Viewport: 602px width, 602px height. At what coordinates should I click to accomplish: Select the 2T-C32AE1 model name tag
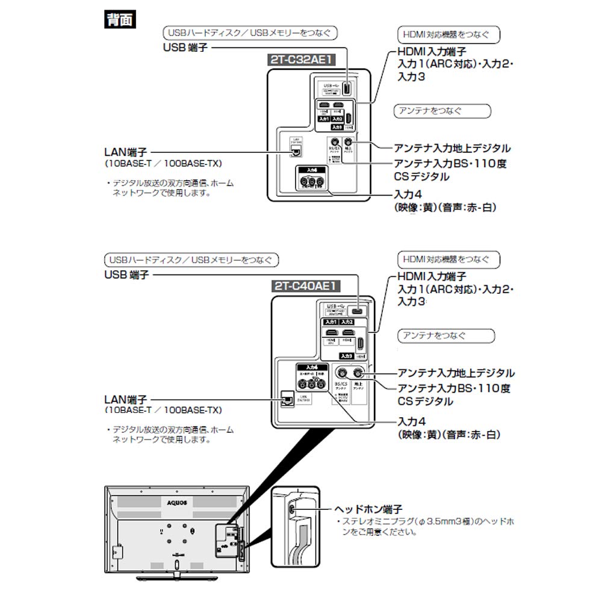click(x=301, y=60)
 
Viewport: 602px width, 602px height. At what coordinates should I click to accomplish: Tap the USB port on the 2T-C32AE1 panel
click(x=347, y=87)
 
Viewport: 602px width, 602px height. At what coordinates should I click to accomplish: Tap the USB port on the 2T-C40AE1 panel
click(x=356, y=311)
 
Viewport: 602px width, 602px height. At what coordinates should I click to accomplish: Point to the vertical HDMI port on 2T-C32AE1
click(x=349, y=116)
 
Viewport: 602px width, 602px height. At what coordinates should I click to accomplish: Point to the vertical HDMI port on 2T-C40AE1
click(x=359, y=344)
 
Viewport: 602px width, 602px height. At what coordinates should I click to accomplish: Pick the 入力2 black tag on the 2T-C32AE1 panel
click(x=338, y=119)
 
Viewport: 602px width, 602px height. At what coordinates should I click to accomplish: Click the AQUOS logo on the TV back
click(x=178, y=500)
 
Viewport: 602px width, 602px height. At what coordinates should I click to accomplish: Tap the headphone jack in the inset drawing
click(x=293, y=509)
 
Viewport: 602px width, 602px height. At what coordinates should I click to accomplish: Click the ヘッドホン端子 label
click(x=369, y=509)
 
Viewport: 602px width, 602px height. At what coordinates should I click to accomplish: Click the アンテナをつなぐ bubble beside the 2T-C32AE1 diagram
click(x=442, y=111)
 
